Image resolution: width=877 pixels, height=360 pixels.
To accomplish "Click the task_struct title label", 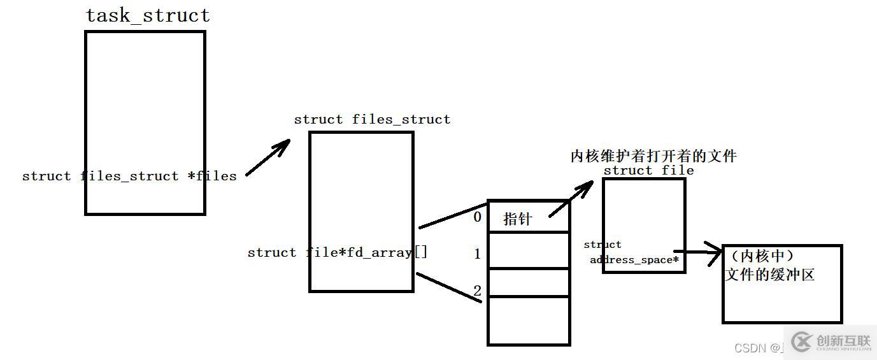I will click(x=148, y=15).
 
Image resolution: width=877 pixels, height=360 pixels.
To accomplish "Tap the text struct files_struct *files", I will click(x=129, y=176).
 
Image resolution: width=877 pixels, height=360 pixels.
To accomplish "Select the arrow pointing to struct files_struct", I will click(x=267, y=158).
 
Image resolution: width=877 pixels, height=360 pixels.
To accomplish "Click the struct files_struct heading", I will click(x=372, y=119).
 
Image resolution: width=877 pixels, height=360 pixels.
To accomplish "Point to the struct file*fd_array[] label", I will click(x=338, y=252).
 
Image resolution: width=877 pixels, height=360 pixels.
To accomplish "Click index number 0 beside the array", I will click(x=478, y=217).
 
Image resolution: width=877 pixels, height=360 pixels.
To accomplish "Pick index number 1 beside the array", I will click(x=478, y=254).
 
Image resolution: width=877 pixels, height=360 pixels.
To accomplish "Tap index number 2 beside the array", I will click(x=478, y=291).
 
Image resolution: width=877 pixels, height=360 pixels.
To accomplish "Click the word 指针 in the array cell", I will click(x=517, y=219).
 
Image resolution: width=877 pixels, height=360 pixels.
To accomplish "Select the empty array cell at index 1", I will click(x=528, y=250).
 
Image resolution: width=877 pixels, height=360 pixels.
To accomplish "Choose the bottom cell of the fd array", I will click(x=528, y=320).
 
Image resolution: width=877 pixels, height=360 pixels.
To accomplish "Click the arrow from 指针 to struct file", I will click(x=571, y=198).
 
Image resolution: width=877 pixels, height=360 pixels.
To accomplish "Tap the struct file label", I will click(x=648, y=170).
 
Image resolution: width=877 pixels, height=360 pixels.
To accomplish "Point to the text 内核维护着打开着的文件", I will click(x=653, y=156).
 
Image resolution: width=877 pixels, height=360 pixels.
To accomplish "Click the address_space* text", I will click(x=634, y=260).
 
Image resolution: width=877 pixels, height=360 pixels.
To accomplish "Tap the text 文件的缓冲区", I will click(x=770, y=275).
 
